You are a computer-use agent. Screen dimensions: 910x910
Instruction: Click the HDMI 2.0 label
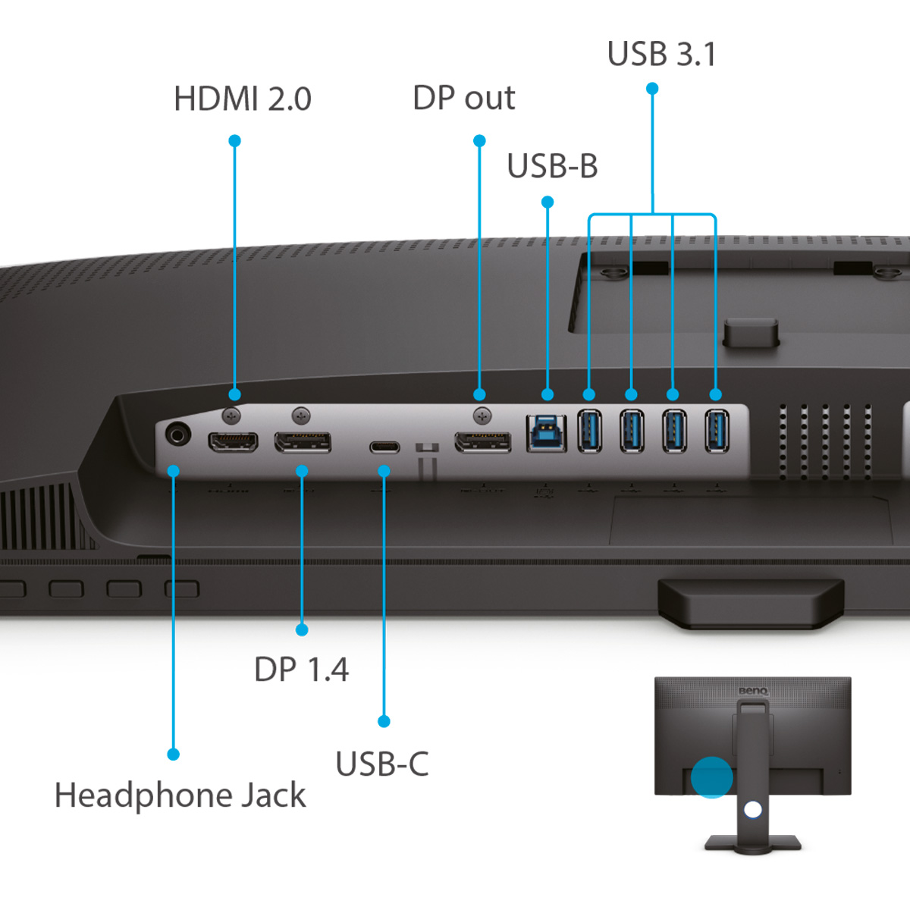(x=242, y=99)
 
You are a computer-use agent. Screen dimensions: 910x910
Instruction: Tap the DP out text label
(x=463, y=99)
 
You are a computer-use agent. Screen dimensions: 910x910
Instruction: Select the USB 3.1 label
(x=661, y=55)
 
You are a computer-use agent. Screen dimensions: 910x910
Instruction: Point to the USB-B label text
(x=552, y=166)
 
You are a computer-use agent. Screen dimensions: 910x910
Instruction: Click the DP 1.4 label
(x=301, y=670)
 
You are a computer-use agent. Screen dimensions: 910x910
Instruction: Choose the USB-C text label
(x=381, y=764)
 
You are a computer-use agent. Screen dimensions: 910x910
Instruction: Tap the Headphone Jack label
(x=180, y=795)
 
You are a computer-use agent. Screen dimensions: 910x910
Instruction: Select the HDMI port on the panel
(x=233, y=441)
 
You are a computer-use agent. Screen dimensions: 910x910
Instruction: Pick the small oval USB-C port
(x=384, y=447)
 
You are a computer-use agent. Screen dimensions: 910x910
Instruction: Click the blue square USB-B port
(x=547, y=435)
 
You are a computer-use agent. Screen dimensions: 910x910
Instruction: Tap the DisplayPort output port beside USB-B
(x=482, y=441)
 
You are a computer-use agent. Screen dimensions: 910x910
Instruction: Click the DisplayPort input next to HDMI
(x=303, y=441)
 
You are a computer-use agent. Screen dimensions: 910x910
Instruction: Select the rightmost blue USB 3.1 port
(x=717, y=431)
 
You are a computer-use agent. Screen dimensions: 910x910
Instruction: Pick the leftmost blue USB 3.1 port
(x=590, y=431)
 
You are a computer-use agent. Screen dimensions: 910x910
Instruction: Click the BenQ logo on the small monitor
(x=753, y=691)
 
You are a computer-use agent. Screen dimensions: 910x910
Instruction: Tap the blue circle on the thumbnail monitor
(x=712, y=777)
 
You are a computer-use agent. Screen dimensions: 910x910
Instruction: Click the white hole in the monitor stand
(x=752, y=810)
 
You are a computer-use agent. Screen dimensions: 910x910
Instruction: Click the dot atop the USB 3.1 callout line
(x=652, y=89)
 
